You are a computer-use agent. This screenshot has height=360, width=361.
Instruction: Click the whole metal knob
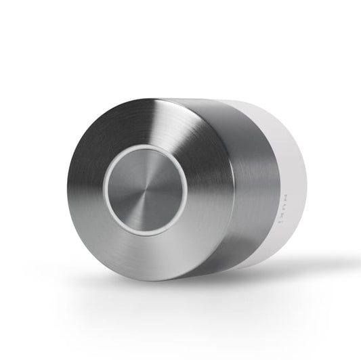169,189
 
